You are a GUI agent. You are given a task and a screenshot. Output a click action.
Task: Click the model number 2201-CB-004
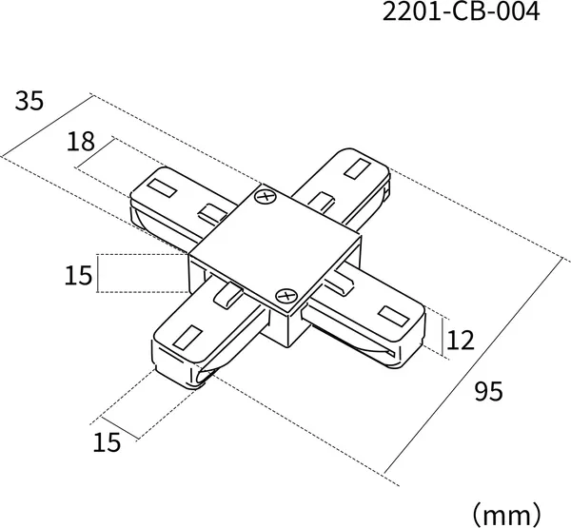coord(461,11)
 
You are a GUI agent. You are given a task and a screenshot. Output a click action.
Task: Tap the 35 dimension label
coord(30,101)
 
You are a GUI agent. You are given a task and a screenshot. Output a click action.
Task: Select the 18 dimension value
coord(81,142)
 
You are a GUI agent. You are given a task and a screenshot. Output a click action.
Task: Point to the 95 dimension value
coord(489,391)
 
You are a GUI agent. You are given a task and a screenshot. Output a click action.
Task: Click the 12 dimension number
coord(461,341)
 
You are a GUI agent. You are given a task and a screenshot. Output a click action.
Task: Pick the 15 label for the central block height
coord(78,275)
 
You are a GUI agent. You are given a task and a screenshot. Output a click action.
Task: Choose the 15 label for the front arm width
coord(107,442)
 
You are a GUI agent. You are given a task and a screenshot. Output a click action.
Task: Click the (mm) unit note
coord(506,515)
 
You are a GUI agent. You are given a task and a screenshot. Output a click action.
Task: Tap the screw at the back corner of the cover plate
coord(266,197)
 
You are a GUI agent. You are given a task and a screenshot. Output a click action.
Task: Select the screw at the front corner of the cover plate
coord(286,295)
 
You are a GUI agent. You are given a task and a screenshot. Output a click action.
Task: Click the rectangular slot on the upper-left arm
coord(162,188)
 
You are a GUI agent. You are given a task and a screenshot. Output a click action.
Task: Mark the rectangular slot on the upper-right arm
coord(358,168)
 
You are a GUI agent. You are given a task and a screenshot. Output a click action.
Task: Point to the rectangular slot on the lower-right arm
coord(393,316)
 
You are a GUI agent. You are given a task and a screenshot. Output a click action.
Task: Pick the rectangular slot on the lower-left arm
coord(187,337)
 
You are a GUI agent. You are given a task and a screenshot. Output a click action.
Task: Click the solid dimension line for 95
coord(472,367)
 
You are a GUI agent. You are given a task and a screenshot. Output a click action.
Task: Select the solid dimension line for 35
coord(47,126)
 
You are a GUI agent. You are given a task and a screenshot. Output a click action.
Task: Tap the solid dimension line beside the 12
coord(443,337)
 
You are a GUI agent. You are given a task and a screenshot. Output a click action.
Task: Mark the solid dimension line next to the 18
coord(95,153)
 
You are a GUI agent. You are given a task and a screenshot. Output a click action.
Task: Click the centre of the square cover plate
coord(276,246)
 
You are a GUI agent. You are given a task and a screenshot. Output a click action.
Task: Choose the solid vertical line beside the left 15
coord(98,273)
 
